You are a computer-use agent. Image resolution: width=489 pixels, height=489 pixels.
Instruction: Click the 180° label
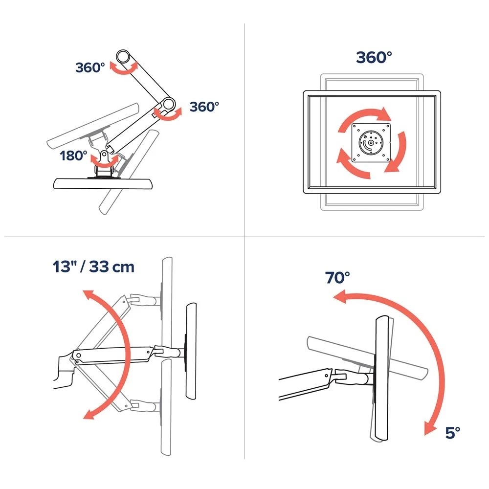pos(74,156)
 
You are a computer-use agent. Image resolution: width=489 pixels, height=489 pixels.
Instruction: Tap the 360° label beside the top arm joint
pos(90,67)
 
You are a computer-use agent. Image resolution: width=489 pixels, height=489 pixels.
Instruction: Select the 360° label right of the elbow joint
pos(204,106)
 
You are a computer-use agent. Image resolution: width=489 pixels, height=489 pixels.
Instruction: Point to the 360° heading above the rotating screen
pos(374,57)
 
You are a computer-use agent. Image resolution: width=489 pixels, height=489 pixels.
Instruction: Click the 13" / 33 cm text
pos(93,267)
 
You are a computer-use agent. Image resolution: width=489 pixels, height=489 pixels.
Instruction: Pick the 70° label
pos(338,278)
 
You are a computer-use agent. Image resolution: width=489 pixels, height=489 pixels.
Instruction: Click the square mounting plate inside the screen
pos(372,143)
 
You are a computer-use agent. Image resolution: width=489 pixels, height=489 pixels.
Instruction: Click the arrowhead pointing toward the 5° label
pos(429,428)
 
